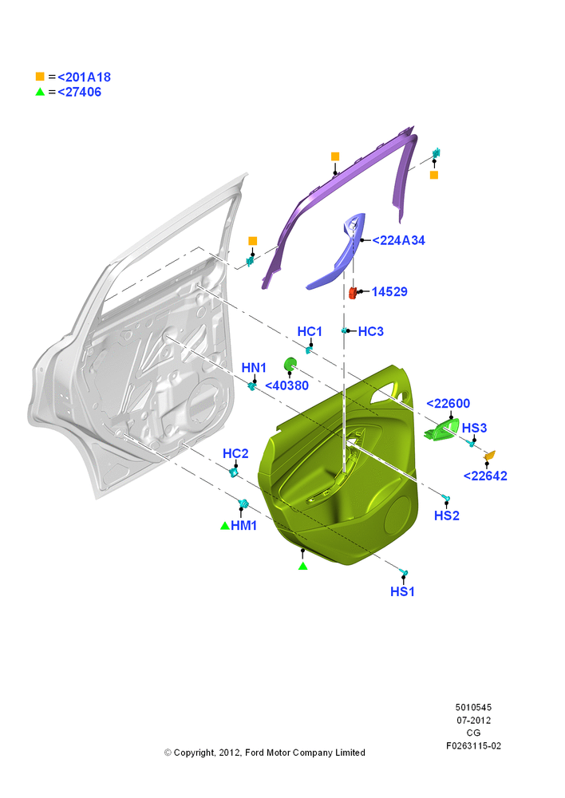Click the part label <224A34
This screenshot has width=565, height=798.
(398, 240)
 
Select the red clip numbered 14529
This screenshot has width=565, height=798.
(352, 293)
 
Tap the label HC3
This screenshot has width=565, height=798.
(370, 331)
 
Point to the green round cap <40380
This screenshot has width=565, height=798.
(290, 365)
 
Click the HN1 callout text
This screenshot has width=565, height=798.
(254, 367)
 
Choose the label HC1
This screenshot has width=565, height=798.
(310, 331)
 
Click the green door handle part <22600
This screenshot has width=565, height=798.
(441, 431)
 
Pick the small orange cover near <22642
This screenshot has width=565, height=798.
(489, 456)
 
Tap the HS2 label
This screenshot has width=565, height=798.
(446, 516)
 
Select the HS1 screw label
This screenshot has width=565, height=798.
(402, 591)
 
